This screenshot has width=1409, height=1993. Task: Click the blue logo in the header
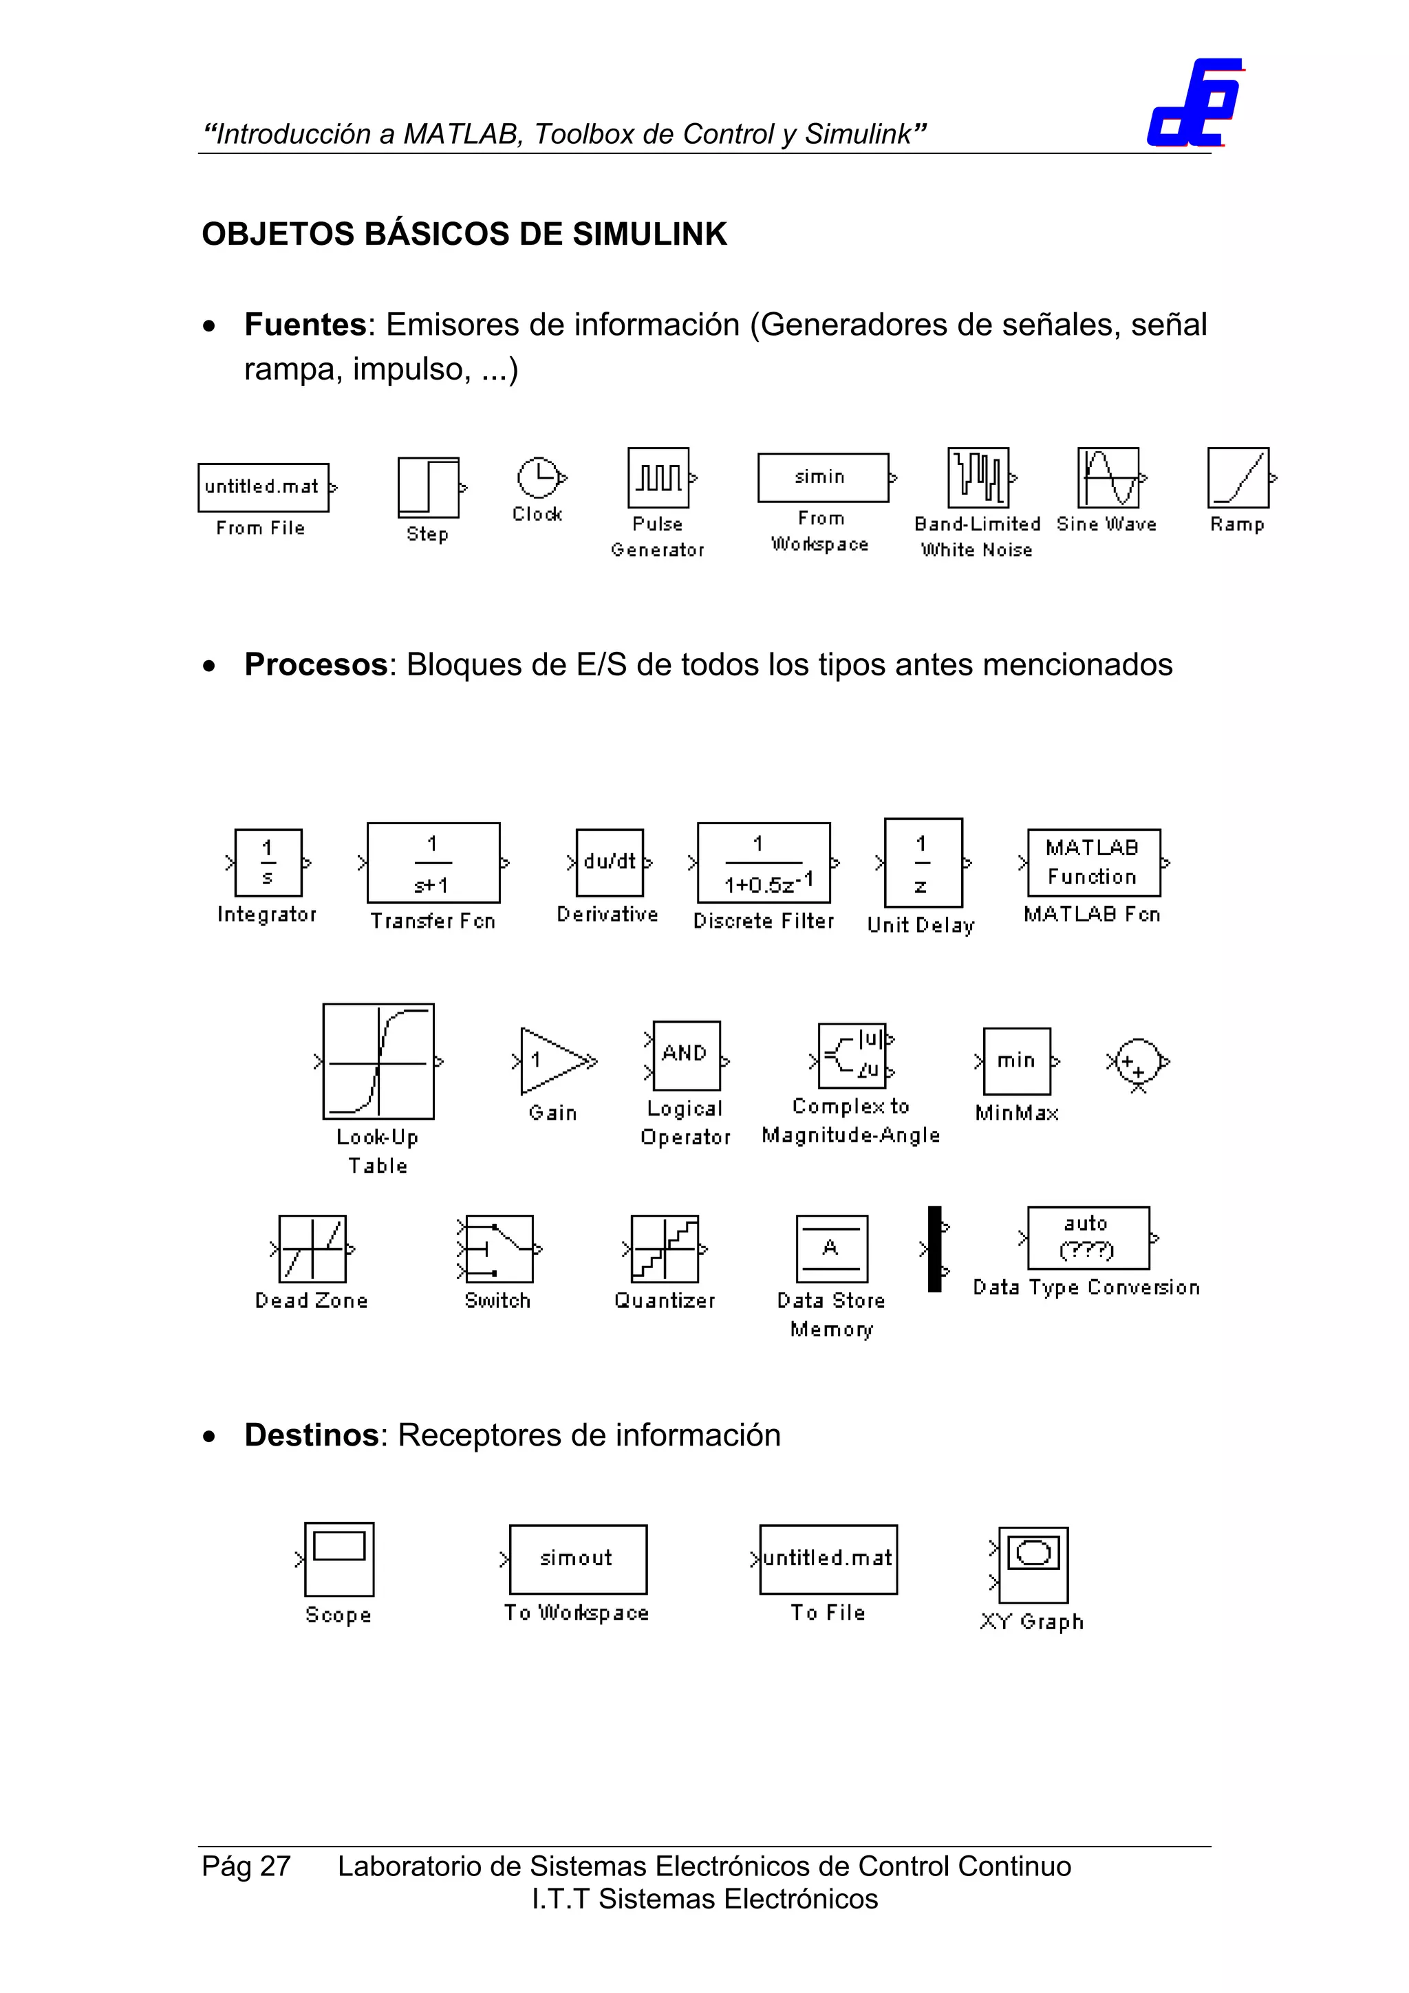click(1194, 103)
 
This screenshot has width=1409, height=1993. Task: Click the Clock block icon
click(538, 477)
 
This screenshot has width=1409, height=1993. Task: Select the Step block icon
click(428, 487)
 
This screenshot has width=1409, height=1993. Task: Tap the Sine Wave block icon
click(1108, 477)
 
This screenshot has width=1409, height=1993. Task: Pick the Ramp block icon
click(1238, 477)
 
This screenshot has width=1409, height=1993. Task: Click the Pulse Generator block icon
click(658, 477)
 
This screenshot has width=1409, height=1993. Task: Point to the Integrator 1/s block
click(268, 862)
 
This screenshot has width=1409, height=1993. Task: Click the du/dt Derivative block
click(610, 862)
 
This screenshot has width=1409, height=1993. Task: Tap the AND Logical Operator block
click(686, 1055)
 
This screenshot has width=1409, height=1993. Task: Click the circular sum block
click(1138, 1060)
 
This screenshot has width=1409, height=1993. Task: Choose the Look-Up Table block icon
click(378, 1060)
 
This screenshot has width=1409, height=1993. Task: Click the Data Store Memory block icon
click(832, 1249)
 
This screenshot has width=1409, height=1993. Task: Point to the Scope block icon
click(338, 1559)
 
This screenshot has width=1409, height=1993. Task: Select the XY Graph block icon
click(1033, 1564)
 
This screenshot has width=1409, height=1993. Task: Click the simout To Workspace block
click(577, 1559)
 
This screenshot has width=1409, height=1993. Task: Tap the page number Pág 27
click(246, 1865)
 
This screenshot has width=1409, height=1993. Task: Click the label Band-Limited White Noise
click(977, 536)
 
